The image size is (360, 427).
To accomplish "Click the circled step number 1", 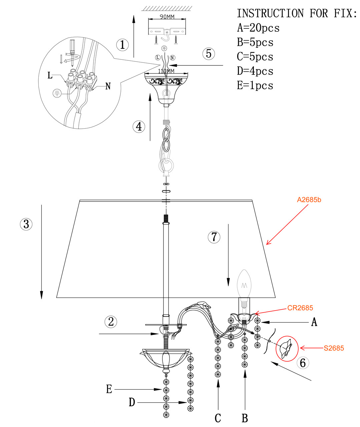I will (x=122, y=45).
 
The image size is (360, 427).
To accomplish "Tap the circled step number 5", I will (x=209, y=53).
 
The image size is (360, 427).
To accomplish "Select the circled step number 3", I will (x=26, y=224).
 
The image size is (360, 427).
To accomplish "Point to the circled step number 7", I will (x=214, y=237).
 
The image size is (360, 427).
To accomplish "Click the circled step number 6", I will (x=303, y=362).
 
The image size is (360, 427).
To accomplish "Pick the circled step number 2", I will (x=111, y=322).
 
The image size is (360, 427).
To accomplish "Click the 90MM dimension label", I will (x=167, y=17).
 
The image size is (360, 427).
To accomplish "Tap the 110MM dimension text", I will (x=166, y=71).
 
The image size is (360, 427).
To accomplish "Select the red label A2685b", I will (x=309, y=200).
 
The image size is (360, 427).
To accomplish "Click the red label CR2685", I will (x=300, y=308).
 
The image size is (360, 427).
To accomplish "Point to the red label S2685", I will (x=334, y=348).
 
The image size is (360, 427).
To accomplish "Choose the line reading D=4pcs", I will (x=255, y=71).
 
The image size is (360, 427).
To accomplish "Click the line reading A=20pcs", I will (x=258, y=28).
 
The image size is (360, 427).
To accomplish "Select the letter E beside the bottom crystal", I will (x=109, y=389).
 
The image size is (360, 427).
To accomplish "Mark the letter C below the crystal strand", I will (x=218, y=418).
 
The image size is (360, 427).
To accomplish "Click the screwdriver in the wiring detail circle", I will (x=72, y=49).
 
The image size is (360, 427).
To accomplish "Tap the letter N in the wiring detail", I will (x=107, y=86).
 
